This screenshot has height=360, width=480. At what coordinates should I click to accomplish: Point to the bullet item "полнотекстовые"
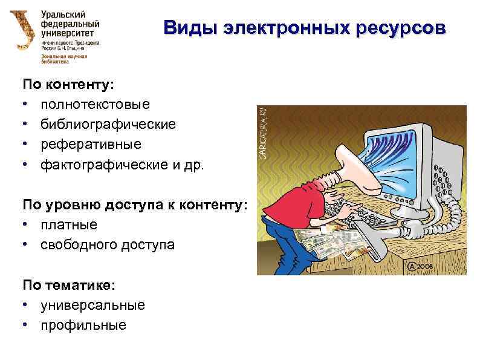(95, 105)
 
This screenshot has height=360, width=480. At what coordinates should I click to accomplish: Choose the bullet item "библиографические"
(108, 125)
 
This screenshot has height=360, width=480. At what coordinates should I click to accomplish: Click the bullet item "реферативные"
(91, 145)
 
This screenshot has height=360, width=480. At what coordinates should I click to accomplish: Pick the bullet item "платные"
(69, 224)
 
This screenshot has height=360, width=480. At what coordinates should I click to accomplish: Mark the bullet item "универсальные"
(92, 305)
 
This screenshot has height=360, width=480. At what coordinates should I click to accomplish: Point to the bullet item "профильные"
(83, 325)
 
